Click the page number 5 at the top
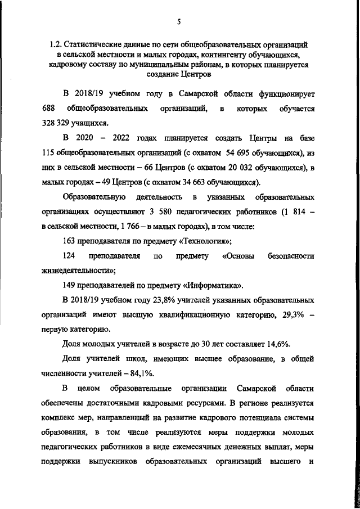click(178, 21)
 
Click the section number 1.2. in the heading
click(55, 44)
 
